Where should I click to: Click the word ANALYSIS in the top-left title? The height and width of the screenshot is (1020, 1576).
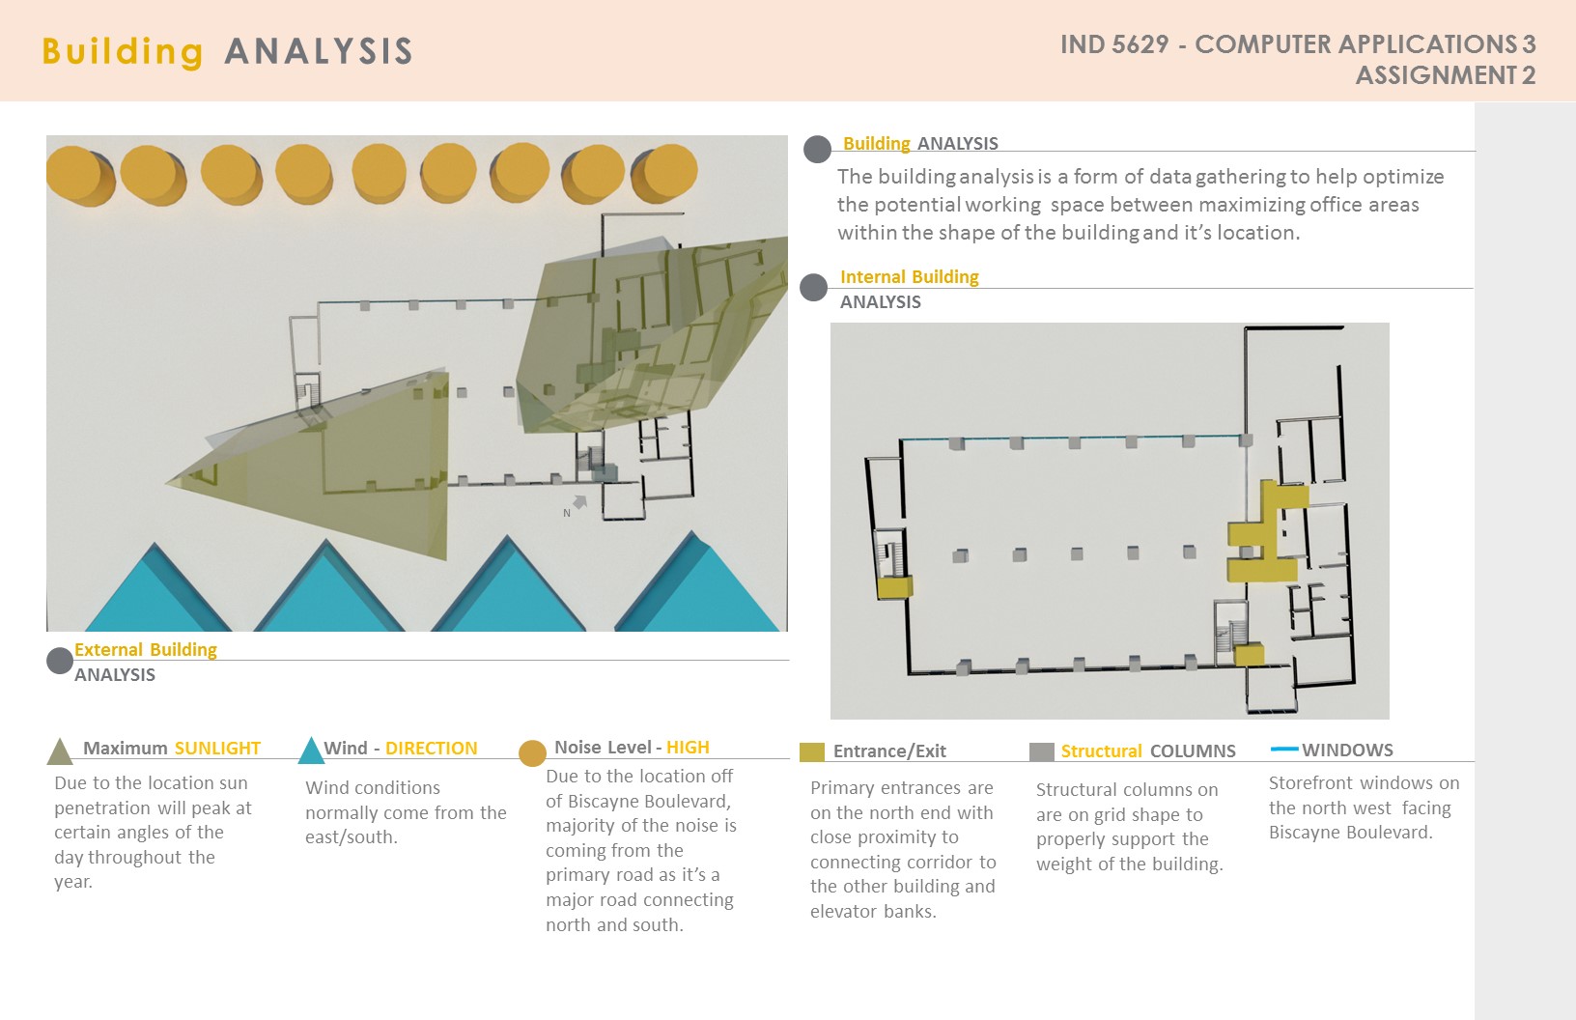point(319,51)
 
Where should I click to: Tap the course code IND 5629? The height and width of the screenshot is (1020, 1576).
point(1114,44)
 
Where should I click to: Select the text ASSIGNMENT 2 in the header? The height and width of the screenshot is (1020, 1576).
point(1446,75)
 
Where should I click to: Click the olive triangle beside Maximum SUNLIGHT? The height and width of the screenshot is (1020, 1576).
point(60,751)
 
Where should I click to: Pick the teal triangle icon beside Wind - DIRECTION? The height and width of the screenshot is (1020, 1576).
point(311,751)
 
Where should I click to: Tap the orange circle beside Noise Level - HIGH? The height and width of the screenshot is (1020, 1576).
point(532,752)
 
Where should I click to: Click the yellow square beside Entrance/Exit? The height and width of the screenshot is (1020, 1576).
point(812,752)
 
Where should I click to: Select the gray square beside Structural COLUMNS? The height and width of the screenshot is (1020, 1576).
point(1042,751)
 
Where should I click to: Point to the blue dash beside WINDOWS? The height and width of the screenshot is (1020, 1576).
point(1284,749)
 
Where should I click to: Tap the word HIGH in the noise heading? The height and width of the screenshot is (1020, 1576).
point(688,748)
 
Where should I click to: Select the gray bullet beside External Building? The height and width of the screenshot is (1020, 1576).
point(60,661)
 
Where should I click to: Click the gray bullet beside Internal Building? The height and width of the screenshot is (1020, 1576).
point(814,287)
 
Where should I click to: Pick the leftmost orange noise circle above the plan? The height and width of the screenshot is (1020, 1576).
point(79,175)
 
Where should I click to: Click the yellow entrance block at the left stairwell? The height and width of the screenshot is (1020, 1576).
point(894,586)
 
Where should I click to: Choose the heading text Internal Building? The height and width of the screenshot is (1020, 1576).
point(910,277)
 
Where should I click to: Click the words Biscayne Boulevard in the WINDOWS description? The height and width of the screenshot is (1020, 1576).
point(1351,833)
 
